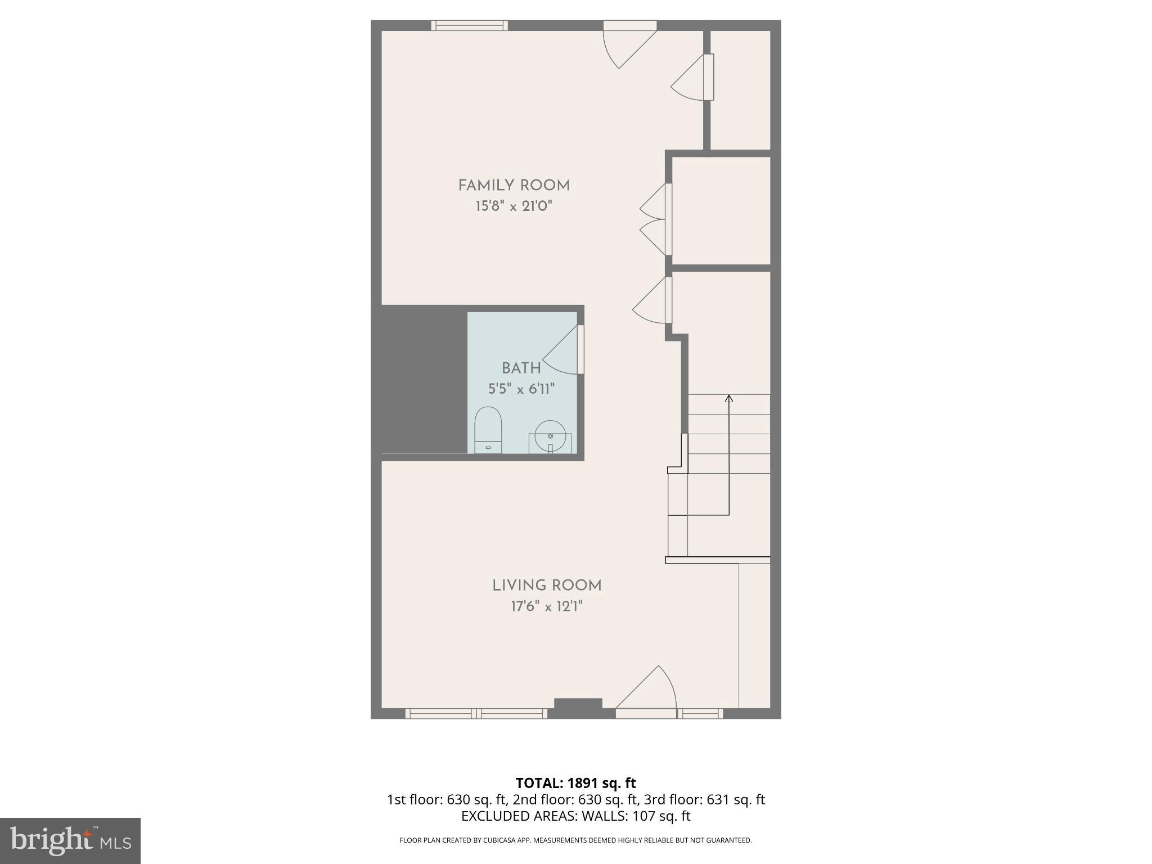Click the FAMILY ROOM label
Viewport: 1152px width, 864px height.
click(x=514, y=186)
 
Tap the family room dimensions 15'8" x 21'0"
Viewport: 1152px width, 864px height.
click(x=514, y=206)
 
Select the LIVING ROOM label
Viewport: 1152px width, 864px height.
click(x=547, y=586)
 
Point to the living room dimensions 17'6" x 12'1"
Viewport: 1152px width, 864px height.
click(x=547, y=606)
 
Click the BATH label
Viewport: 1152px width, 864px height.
click(x=521, y=368)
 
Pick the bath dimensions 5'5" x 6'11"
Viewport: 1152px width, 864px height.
click(x=521, y=389)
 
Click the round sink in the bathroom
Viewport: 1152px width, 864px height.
click(x=550, y=436)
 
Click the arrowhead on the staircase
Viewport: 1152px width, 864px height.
click(x=729, y=398)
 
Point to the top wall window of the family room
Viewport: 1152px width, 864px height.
click(x=469, y=25)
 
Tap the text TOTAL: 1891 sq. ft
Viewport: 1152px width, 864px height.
click(x=575, y=783)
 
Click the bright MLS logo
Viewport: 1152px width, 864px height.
click(x=70, y=840)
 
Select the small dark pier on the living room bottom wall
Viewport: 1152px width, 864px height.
click(x=578, y=704)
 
